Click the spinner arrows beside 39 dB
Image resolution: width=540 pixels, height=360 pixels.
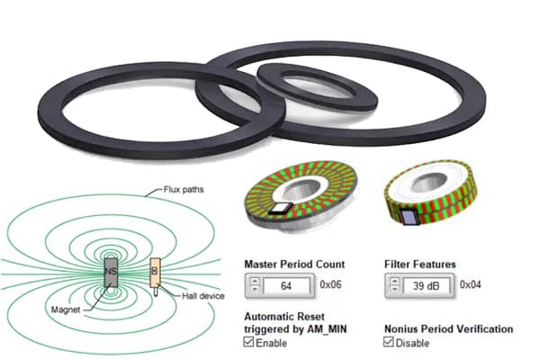394,286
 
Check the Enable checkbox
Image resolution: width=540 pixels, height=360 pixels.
249,343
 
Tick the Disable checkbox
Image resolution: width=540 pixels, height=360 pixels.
390,343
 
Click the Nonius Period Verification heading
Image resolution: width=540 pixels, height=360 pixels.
448,329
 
